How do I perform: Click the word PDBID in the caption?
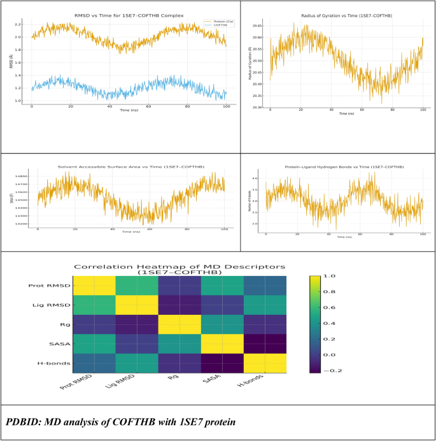(25, 422)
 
